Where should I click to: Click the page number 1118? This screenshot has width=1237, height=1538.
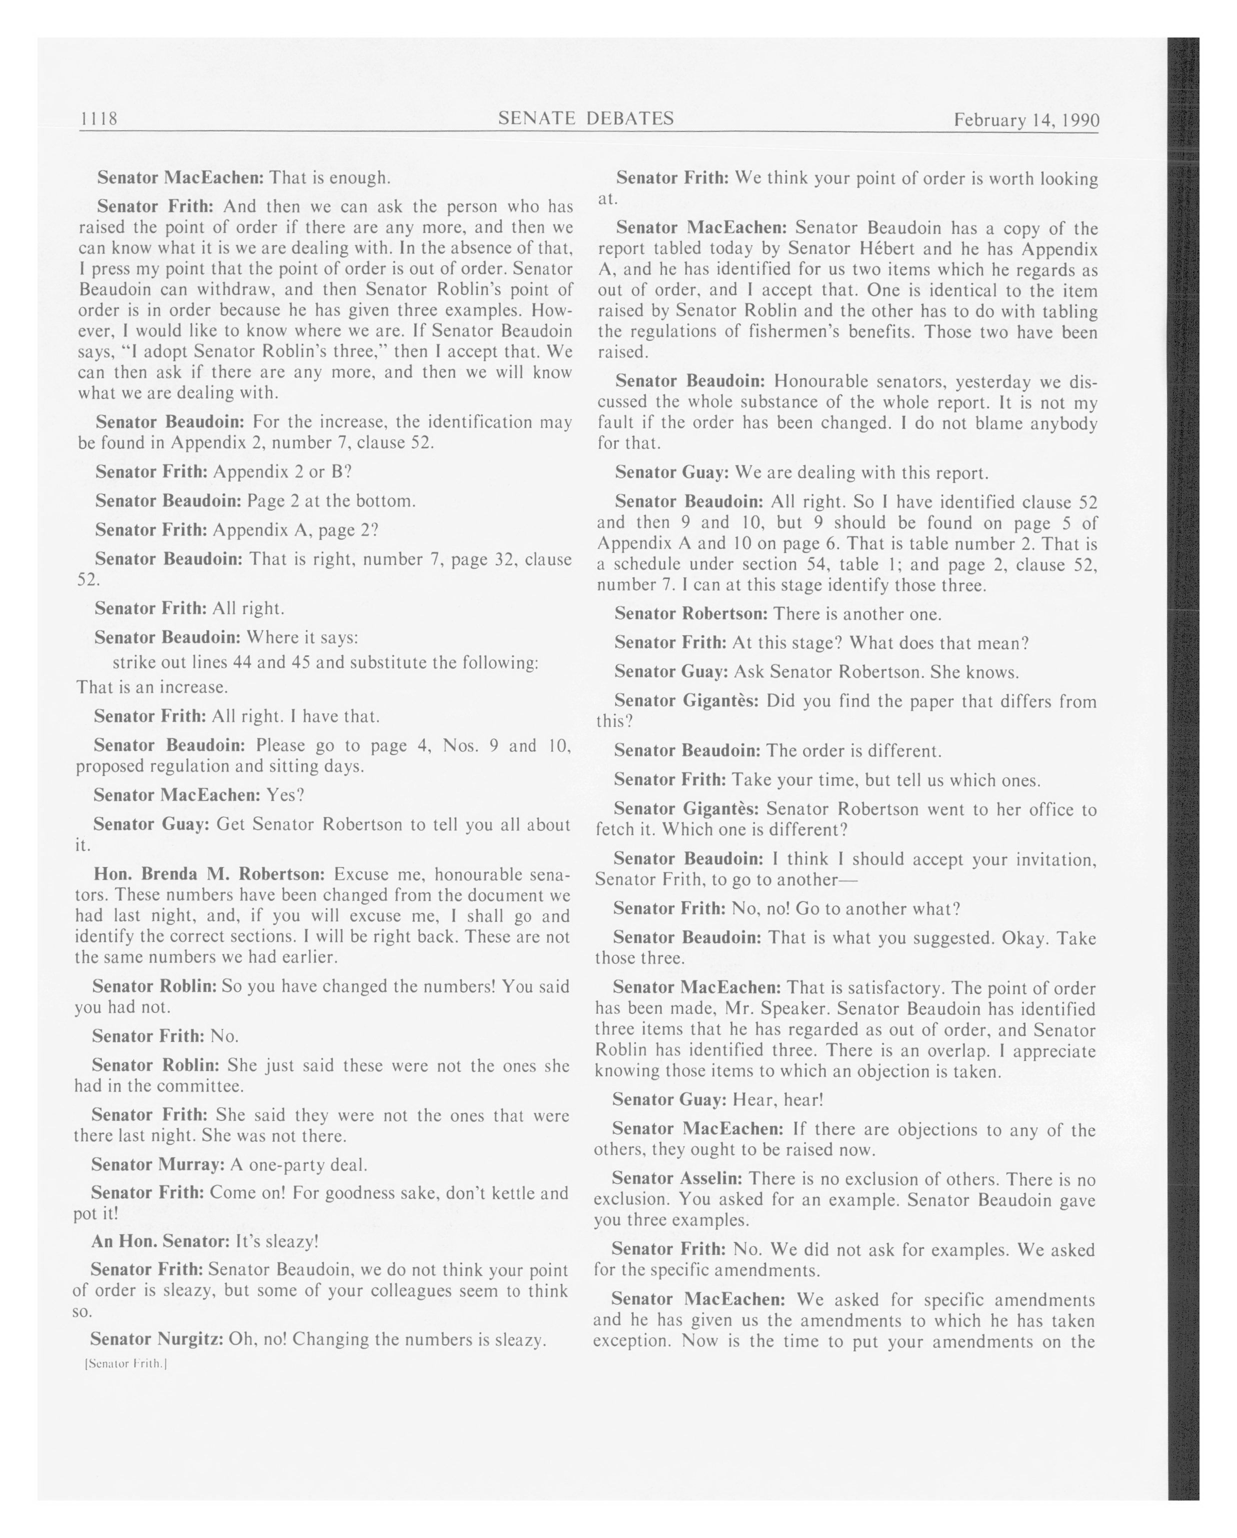click(x=98, y=118)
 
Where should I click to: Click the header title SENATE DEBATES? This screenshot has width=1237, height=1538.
click(x=585, y=118)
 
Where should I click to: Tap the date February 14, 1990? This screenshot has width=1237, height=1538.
click(x=1026, y=120)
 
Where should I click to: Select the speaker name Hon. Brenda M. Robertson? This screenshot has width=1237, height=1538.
click(x=209, y=874)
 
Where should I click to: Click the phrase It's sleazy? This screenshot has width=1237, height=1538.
click(x=276, y=1241)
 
